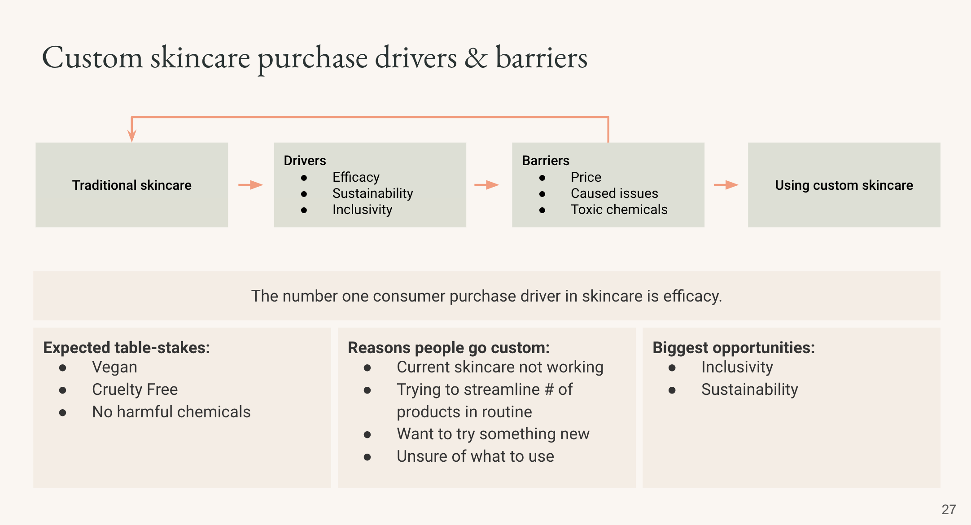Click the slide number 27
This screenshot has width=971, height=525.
[x=949, y=509]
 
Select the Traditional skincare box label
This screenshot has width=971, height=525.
[x=131, y=185]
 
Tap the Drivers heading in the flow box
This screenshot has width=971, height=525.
[x=305, y=160]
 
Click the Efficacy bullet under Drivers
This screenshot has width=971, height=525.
[x=356, y=177]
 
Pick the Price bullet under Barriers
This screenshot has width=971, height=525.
[x=586, y=177]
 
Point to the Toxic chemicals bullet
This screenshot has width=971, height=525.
[x=619, y=210]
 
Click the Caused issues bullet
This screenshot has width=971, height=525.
[x=614, y=193]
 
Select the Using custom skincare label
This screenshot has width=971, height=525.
[x=844, y=185]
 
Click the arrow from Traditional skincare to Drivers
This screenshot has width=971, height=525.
[x=250, y=185]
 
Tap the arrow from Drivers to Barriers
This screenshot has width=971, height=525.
[x=487, y=185]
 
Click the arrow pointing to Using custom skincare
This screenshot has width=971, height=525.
[x=726, y=185]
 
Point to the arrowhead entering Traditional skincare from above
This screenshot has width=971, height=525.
[x=131, y=136]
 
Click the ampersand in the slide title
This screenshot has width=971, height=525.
[x=476, y=58]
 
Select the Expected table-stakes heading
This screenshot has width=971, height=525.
[x=127, y=348]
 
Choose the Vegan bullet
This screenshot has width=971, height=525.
[x=114, y=367]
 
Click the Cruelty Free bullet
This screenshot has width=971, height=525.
[x=135, y=389]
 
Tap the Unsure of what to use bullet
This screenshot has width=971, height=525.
[x=475, y=456]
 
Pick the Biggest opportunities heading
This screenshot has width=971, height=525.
[x=733, y=348]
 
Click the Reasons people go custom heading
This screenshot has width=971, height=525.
[x=449, y=348]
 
